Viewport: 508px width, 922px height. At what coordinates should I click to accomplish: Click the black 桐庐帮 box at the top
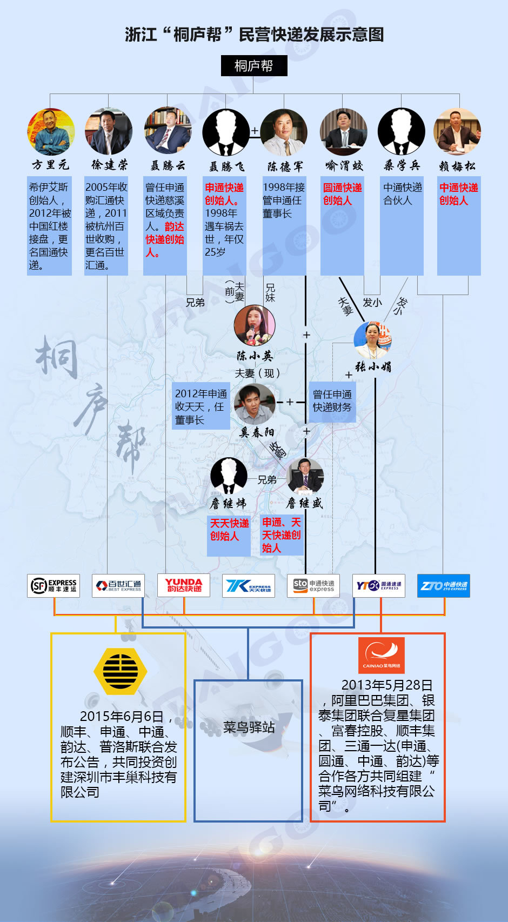pyautogui.click(x=254, y=65)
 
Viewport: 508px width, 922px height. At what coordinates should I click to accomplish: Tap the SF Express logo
pyautogui.click(x=54, y=585)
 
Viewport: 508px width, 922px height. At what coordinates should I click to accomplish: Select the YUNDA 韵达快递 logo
pyautogui.click(x=184, y=585)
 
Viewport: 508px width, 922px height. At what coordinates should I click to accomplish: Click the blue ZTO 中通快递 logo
pyautogui.click(x=443, y=585)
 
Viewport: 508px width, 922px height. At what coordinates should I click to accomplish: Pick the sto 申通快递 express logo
pyautogui.click(x=313, y=585)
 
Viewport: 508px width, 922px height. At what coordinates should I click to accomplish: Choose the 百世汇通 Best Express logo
pyautogui.click(x=118, y=585)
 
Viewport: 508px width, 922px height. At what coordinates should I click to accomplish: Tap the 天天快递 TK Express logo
pyautogui.click(x=249, y=585)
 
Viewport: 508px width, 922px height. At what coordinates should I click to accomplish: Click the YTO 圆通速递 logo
pyautogui.click(x=379, y=585)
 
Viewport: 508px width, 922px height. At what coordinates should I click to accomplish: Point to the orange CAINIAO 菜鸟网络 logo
pyautogui.click(x=381, y=655)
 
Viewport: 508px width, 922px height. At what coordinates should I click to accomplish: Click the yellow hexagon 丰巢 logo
pyautogui.click(x=120, y=671)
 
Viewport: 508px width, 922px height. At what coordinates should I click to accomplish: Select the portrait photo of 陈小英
pyautogui.click(x=255, y=325)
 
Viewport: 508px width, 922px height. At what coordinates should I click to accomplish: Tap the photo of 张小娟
pyautogui.click(x=373, y=340)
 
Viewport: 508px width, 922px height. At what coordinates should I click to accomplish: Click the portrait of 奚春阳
pyautogui.click(x=255, y=404)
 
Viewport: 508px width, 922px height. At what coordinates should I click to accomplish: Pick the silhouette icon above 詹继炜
pyautogui.click(x=229, y=476)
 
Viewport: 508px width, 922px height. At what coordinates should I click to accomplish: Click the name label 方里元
pyautogui.click(x=51, y=165)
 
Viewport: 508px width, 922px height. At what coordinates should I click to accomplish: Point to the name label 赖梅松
pyautogui.click(x=457, y=166)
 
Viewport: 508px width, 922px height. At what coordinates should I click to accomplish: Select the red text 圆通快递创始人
pyautogui.click(x=342, y=194)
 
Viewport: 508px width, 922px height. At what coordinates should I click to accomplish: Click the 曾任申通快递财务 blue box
pyautogui.click(x=332, y=401)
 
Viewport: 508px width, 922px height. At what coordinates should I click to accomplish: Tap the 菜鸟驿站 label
pyautogui.click(x=249, y=727)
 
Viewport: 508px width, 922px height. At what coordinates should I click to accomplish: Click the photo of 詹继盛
pyautogui.click(x=305, y=476)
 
